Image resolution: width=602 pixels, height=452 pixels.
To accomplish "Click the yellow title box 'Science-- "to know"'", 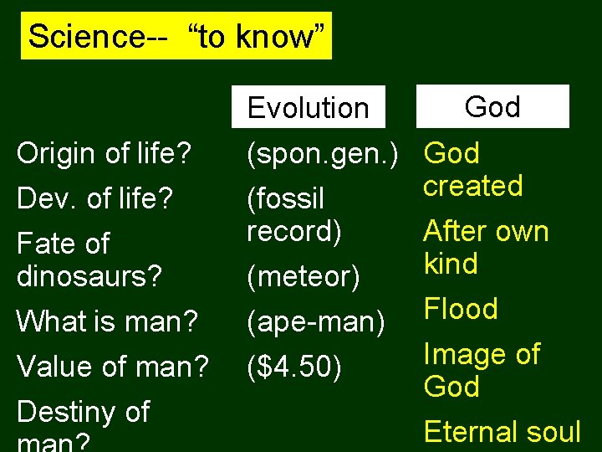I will click(x=176, y=36).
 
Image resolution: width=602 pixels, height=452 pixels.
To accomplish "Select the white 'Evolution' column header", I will click(x=309, y=107).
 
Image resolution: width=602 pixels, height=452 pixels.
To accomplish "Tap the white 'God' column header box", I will click(x=492, y=106).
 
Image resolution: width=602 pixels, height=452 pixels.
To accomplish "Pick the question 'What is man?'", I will click(x=106, y=321).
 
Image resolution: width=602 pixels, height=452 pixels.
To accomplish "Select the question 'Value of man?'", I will click(x=113, y=366).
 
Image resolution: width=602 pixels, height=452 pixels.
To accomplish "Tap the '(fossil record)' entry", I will click(x=294, y=214).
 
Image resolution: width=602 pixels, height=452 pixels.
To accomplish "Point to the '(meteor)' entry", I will click(x=302, y=275).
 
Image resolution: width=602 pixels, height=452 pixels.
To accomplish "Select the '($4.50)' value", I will click(x=294, y=366).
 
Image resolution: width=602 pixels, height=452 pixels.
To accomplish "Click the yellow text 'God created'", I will click(x=472, y=169).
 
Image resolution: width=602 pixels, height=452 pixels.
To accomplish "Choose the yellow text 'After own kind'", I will click(x=486, y=247).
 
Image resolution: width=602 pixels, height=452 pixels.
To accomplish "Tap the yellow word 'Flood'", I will click(x=461, y=309).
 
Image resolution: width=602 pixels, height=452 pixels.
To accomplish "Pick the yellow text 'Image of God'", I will click(x=482, y=370).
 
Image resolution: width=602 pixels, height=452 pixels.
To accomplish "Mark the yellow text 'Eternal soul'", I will click(x=502, y=432).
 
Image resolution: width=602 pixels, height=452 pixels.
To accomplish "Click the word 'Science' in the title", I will click(x=76, y=36).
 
